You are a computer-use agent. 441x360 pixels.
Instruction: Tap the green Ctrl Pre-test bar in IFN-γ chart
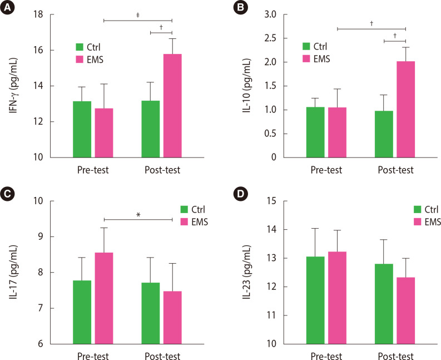point(82,129)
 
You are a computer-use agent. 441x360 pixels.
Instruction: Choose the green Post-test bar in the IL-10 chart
point(384,134)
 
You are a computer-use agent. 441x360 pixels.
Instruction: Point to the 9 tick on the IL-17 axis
point(48,236)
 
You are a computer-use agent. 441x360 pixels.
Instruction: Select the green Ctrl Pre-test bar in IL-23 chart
point(315,300)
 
